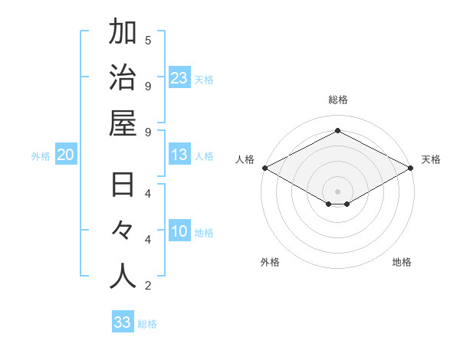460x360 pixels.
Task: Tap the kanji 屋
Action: click(x=123, y=123)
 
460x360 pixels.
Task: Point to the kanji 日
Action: click(x=123, y=186)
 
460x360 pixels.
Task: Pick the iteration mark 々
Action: click(x=123, y=232)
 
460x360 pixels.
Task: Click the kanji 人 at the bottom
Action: click(x=123, y=277)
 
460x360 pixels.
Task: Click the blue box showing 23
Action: click(x=179, y=78)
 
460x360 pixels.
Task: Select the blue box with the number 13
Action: click(x=179, y=155)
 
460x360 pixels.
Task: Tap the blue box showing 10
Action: click(x=179, y=232)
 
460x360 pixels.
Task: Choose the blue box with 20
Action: click(x=65, y=155)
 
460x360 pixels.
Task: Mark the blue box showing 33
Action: click(x=122, y=322)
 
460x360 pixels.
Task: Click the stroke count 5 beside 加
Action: click(x=148, y=40)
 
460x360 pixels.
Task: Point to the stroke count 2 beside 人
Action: click(x=148, y=286)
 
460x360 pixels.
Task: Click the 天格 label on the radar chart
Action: click(x=431, y=159)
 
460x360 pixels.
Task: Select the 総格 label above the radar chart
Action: click(x=338, y=100)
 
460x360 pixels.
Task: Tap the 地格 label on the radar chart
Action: click(x=402, y=262)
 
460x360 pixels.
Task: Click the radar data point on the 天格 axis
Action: click(x=412, y=168)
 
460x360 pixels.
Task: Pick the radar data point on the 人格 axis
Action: click(x=264, y=168)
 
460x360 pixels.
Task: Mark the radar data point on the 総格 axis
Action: click(x=338, y=130)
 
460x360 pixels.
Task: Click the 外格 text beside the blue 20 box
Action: click(x=41, y=156)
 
